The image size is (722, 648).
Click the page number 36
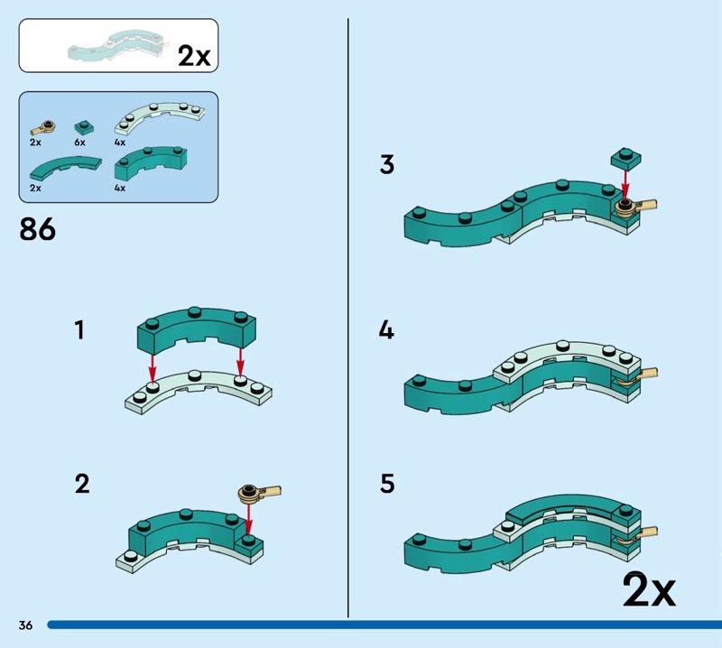(25, 625)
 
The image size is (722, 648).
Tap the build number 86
(38, 229)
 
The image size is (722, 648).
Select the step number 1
(79, 330)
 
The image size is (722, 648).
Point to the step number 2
(82, 485)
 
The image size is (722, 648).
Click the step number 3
(387, 165)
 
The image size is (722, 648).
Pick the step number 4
(387, 330)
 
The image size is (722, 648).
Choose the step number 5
(387, 485)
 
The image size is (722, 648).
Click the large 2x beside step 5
(649, 591)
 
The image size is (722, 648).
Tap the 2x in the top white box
(193, 56)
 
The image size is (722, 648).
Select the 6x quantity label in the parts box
(79, 143)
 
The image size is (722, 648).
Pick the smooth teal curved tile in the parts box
(66, 167)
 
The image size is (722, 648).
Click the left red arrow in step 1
(153, 364)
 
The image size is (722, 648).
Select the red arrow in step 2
(249, 519)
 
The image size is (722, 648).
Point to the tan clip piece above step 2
(255, 493)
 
